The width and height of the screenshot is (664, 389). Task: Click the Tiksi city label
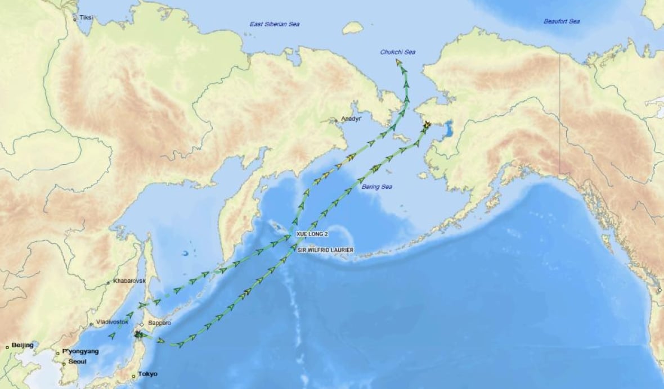point(86,17)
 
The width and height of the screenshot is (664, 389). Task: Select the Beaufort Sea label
point(561,21)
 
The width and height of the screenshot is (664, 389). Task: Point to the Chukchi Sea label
point(397,52)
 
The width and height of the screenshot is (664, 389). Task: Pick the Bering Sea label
point(375,187)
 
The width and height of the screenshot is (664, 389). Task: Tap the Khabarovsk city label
point(129,280)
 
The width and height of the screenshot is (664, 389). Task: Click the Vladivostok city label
point(113,322)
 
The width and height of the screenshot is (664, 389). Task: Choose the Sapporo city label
point(159,323)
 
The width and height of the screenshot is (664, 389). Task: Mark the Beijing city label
point(23,345)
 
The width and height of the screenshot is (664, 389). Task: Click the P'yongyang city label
point(80,351)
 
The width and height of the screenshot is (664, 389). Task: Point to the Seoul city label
point(77,361)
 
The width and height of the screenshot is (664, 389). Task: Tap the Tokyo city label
point(148,374)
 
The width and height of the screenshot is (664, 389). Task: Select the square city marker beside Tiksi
point(75,19)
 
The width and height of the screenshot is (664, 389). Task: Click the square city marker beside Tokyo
point(133,376)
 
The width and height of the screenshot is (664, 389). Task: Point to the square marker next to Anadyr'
point(336,120)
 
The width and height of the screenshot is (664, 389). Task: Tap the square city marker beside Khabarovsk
point(109,282)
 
